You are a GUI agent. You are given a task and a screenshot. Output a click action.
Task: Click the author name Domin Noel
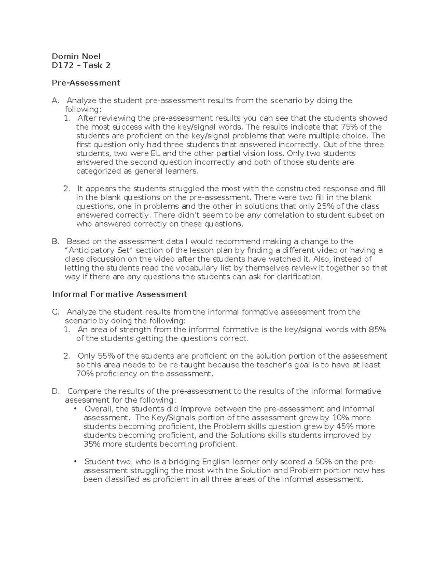(76, 56)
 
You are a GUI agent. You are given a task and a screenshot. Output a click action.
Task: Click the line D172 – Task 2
(81, 65)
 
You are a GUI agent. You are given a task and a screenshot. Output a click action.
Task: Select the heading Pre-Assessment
(86, 83)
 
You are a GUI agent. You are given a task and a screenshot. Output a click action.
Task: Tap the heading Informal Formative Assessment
(119, 294)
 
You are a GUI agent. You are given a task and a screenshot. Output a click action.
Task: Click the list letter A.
(55, 101)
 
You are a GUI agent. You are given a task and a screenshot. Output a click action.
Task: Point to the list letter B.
(55, 242)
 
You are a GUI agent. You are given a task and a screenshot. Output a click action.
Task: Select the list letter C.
(55, 312)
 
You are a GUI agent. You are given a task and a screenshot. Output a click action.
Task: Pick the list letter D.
(55, 391)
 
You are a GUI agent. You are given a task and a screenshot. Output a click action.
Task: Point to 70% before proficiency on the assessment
(85, 374)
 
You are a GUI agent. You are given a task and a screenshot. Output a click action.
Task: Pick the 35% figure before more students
(92, 444)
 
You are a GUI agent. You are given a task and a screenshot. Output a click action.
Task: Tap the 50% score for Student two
(337, 462)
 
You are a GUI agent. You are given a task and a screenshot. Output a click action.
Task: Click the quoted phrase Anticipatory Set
(100, 250)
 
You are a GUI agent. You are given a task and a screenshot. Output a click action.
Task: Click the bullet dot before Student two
(76, 461)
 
